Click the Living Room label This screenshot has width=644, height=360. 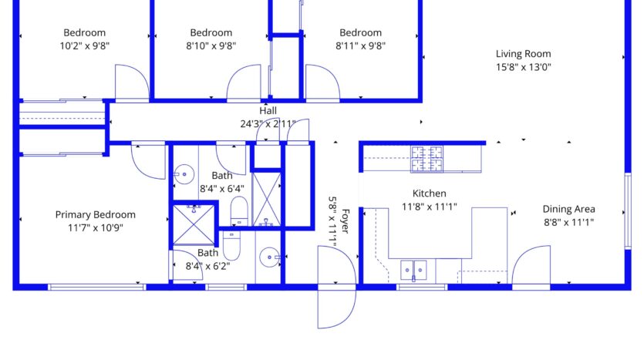(x=523, y=54)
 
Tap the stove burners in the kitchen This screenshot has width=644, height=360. (x=427, y=159)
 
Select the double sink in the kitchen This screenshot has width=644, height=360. (x=413, y=270)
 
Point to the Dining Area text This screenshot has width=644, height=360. (x=569, y=209)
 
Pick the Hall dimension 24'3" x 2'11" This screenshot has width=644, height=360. (x=268, y=123)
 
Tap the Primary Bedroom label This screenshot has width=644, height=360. (x=96, y=214)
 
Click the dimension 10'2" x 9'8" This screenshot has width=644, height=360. (x=85, y=45)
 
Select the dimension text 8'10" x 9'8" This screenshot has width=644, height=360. (x=211, y=45)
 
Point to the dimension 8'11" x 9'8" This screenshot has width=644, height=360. (x=361, y=45)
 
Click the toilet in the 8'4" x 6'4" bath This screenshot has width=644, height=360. (x=239, y=210)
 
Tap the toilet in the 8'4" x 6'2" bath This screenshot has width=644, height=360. (x=231, y=245)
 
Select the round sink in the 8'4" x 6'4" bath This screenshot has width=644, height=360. (x=184, y=174)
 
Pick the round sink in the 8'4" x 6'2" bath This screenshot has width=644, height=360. (x=270, y=257)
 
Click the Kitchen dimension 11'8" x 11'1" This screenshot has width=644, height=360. (x=429, y=207)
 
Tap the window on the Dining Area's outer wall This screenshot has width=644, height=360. (x=628, y=211)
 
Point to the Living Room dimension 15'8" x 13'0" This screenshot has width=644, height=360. (x=523, y=67)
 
